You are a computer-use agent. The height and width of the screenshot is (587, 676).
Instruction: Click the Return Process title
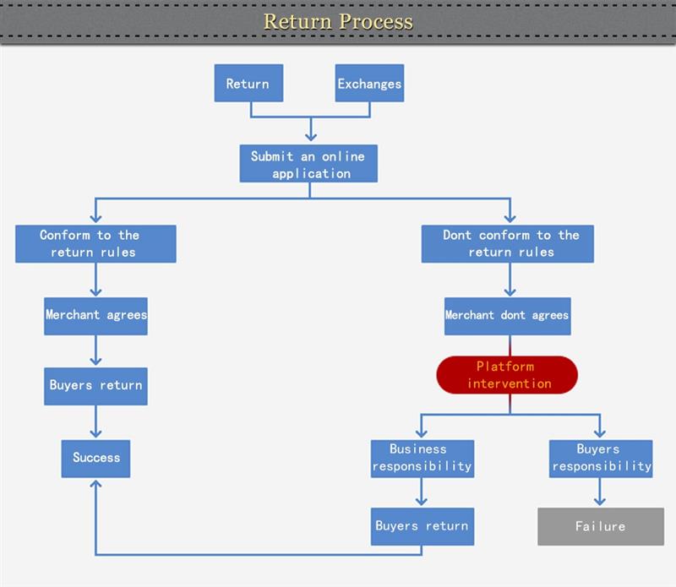338,21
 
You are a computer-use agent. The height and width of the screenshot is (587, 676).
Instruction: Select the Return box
248,84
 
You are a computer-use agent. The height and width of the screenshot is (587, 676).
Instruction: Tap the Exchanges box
369,84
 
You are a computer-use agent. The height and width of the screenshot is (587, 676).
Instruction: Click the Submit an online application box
308,164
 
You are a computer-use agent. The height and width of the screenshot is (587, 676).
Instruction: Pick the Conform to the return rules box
95,243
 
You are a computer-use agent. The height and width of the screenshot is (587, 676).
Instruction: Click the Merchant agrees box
95,315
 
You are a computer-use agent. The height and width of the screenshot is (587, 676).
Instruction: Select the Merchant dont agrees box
507,315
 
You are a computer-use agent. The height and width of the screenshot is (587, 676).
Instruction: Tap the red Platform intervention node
507,375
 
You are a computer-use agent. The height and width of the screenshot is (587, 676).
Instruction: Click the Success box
95,458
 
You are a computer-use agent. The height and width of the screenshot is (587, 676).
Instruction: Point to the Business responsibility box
422,458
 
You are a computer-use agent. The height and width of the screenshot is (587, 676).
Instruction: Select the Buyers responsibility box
600,458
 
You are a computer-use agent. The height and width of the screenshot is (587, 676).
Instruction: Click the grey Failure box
600,526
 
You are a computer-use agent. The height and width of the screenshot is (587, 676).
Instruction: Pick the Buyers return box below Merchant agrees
95,386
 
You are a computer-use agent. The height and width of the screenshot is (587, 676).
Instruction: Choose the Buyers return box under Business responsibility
422,526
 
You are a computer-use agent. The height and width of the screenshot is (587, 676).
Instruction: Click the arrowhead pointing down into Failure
600,501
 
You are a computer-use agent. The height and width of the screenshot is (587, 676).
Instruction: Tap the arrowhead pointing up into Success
95,485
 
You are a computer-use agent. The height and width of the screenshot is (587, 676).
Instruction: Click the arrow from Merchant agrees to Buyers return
95,351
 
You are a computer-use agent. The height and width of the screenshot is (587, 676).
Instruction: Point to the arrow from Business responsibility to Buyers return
422,492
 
